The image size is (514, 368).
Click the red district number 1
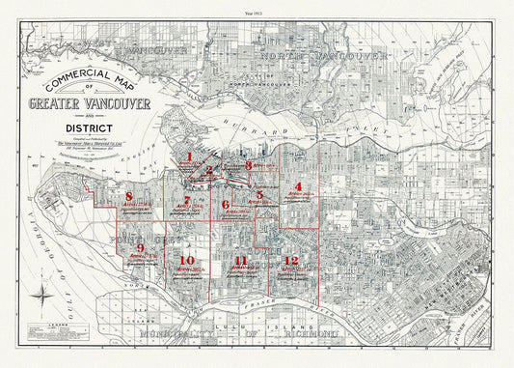point(191,156)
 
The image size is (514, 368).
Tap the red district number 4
point(299,185)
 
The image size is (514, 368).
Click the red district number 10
point(187,260)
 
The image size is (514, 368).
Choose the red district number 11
point(241,261)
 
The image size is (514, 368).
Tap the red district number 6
point(227,204)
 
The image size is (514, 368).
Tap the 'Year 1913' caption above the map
point(257,9)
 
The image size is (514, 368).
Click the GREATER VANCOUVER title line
point(88,104)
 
